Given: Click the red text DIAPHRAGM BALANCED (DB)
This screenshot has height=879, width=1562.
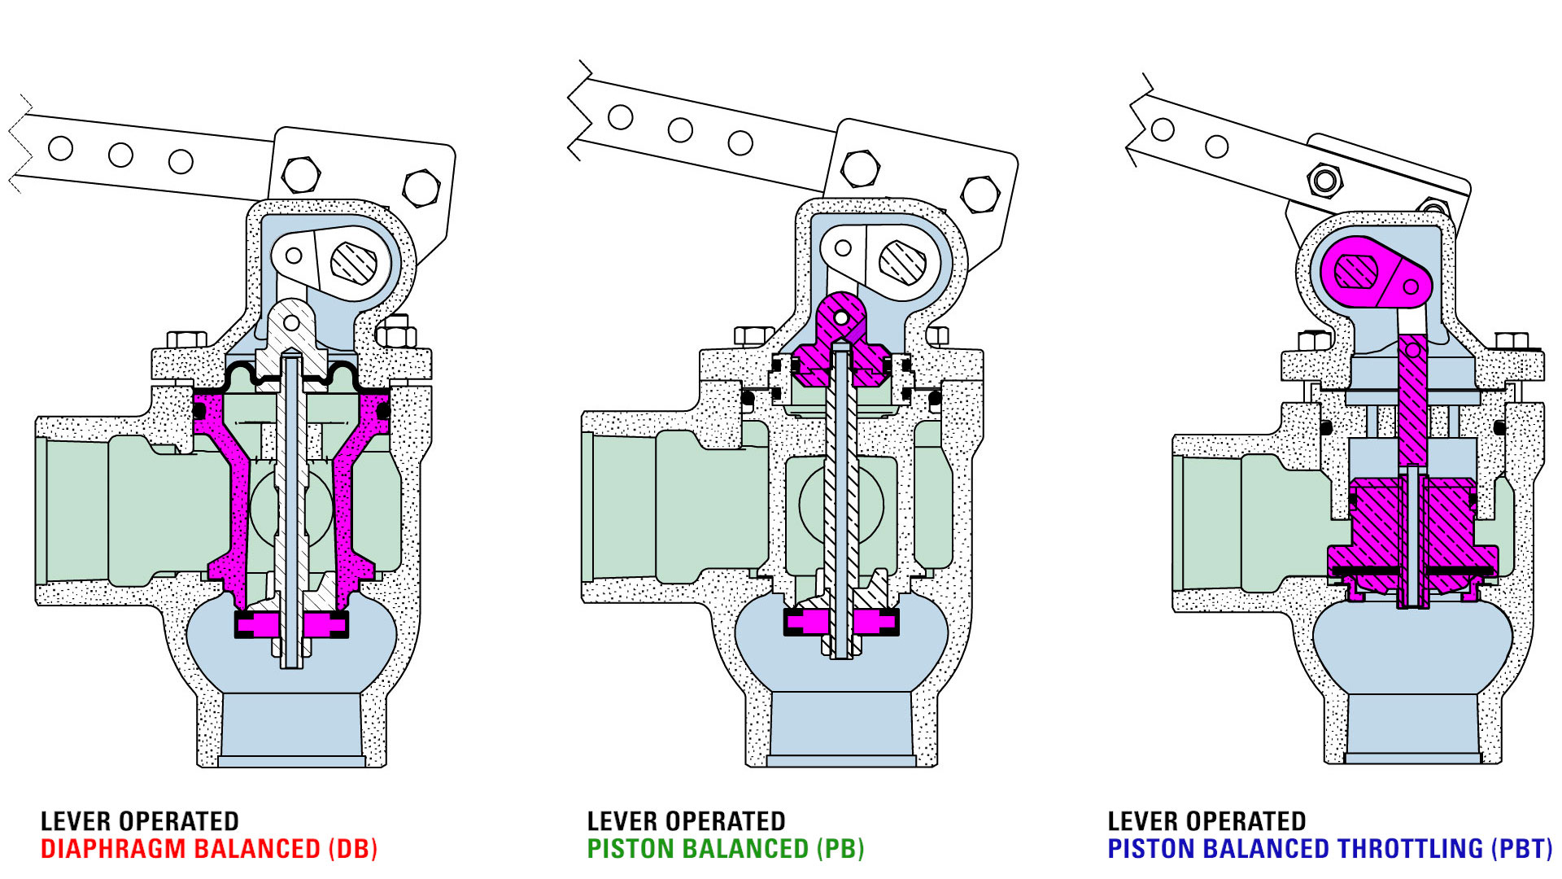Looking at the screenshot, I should tap(209, 849).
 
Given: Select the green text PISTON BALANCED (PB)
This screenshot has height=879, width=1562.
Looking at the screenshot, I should tap(725, 849).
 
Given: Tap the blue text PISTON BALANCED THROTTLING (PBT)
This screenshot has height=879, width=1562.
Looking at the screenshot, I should tap(1329, 849).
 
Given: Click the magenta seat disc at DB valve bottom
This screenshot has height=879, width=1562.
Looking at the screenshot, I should tap(291, 625).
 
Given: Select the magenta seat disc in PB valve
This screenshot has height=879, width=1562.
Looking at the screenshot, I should tap(841, 623).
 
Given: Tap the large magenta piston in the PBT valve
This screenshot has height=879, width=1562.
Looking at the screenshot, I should tap(1412, 533).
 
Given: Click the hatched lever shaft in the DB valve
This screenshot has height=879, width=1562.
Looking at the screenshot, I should tap(354, 263).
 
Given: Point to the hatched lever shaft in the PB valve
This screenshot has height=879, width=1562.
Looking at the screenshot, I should tap(901, 262).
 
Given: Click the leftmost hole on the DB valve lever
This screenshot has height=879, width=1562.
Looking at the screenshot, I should tap(61, 148).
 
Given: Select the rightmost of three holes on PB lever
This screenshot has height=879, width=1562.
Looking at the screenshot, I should tap(740, 143).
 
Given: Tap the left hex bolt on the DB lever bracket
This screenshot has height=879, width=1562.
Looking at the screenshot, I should tap(300, 174).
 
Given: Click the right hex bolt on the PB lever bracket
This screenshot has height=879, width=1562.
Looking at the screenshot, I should tap(980, 195).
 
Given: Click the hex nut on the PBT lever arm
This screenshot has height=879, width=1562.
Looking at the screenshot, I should tap(1324, 179).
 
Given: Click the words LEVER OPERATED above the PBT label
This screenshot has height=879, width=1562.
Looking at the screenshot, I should tap(1206, 820).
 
